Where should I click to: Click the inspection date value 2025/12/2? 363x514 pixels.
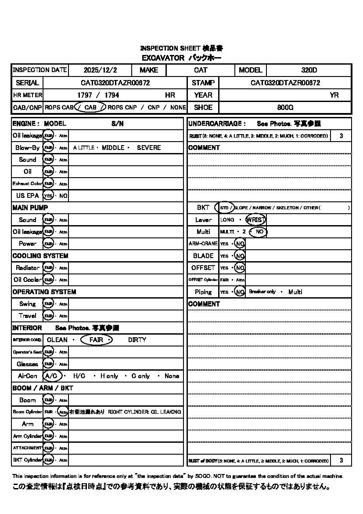tap(101, 70)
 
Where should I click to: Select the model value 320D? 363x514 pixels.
tap(309, 70)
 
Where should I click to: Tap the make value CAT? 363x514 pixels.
tap(201, 70)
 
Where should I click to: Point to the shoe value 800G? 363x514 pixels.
tap(285, 107)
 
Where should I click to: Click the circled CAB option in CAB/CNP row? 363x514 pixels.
tap(90, 107)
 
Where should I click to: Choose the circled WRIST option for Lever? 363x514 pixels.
tap(256, 219)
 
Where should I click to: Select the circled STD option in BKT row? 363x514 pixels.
tap(224, 208)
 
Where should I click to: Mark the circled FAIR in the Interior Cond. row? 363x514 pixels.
tap(97, 340)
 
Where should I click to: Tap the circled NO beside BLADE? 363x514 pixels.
tap(239, 255)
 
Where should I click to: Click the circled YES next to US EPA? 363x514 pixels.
tap(48, 196)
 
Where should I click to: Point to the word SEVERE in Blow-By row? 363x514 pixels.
tap(149, 148)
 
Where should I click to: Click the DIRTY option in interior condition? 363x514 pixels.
tap(137, 340)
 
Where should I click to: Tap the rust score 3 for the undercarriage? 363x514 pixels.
tap(341, 136)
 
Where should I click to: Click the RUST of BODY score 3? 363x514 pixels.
tap(341, 461)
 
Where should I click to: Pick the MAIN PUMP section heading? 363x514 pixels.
tap(30, 208)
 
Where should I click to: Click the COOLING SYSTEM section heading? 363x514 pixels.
tap(40, 256)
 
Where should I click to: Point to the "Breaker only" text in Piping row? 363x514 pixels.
tap(262, 292)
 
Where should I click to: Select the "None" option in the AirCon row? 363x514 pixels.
tap(172, 376)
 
